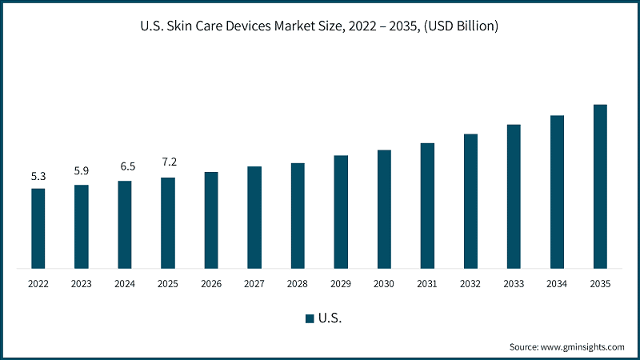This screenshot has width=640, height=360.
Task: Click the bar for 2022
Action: (38, 229)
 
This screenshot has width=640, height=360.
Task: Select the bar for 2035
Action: (600, 186)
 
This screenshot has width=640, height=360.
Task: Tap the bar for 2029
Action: (341, 212)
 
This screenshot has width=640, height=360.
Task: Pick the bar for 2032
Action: (470, 202)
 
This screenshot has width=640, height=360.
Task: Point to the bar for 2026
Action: (211, 221)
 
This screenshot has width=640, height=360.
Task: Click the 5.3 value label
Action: (38, 176)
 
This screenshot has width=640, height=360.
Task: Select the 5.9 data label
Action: (82, 170)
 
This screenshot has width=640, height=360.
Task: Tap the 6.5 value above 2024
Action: (128, 166)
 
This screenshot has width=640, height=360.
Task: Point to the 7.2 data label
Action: (170, 162)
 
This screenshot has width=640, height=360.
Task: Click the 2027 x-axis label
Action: (254, 284)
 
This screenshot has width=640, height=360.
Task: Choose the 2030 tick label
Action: (384, 284)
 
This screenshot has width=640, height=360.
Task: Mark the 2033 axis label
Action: (514, 284)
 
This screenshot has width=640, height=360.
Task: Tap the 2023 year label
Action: (82, 284)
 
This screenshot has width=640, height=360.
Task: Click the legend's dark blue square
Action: (310, 318)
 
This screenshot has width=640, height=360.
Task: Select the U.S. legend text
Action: (330, 318)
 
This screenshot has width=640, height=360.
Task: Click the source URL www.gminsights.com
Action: (582, 347)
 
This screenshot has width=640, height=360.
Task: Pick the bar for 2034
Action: (557, 192)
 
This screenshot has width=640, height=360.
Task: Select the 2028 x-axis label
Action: (297, 284)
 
